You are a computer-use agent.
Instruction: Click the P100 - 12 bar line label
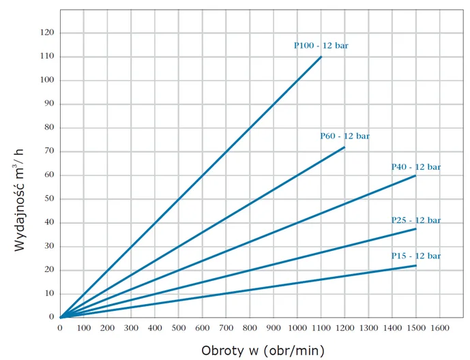tap(321, 46)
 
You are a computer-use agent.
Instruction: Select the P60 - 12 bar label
tap(344, 136)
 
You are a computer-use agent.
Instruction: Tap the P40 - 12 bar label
tap(415, 167)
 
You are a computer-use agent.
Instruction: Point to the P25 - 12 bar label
tap(415, 220)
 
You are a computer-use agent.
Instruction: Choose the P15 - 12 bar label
tap(415, 256)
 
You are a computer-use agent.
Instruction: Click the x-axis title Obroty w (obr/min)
tap(263, 350)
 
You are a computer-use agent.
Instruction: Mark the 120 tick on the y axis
tap(47, 33)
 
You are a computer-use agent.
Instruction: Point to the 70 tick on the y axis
tap(49, 151)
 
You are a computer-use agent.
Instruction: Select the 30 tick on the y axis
tap(49, 246)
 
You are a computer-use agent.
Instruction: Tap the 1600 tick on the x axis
tap(439, 328)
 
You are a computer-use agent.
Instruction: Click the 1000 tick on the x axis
tap(297, 328)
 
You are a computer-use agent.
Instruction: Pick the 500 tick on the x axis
tap(178, 328)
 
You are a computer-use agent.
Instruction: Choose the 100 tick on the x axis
tap(84, 328)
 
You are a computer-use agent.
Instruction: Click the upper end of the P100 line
tap(321, 57)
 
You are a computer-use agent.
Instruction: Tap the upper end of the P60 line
tap(344, 147)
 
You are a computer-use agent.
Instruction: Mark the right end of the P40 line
tap(415, 176)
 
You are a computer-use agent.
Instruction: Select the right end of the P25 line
tap(415, 229)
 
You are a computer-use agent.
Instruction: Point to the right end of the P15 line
tap(415, 265)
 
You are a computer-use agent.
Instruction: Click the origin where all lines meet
tap(61, 317)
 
